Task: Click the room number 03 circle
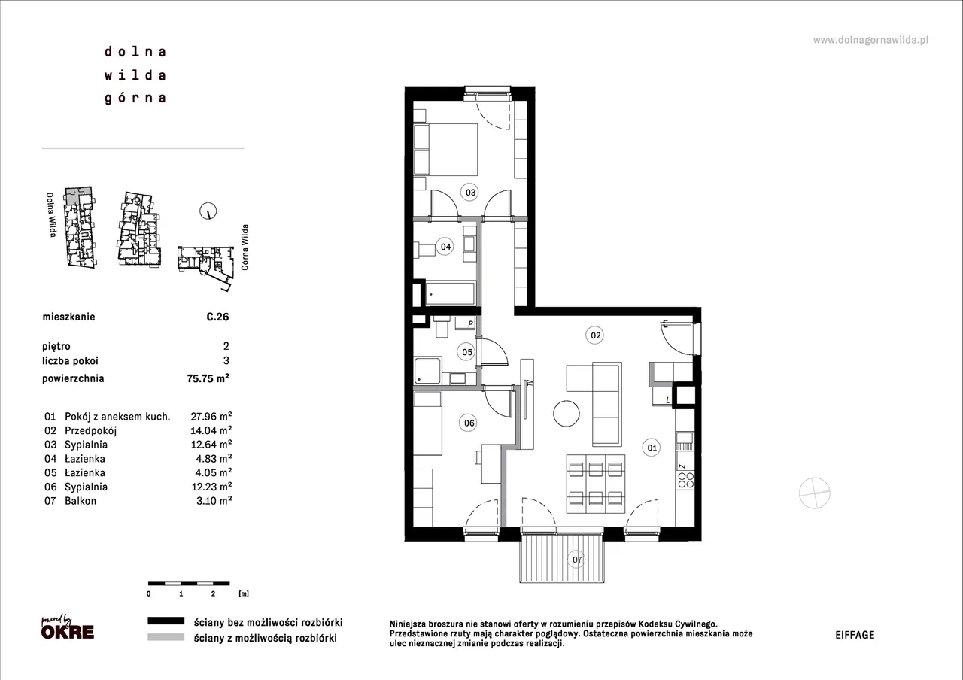470,192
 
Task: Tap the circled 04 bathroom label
445,247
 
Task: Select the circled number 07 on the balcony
576,560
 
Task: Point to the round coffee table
567,414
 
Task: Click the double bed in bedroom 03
445,150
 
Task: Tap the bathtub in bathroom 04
450,293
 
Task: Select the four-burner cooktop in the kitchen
685,480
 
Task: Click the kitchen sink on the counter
685,440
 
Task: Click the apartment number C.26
217,317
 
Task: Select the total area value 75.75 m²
208,378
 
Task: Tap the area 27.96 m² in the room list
211,416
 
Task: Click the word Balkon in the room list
81,501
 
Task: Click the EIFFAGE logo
855,635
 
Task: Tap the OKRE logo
68,627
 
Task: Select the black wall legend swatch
166,621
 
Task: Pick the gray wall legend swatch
166,637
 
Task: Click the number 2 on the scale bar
213,594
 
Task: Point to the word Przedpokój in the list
91,430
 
